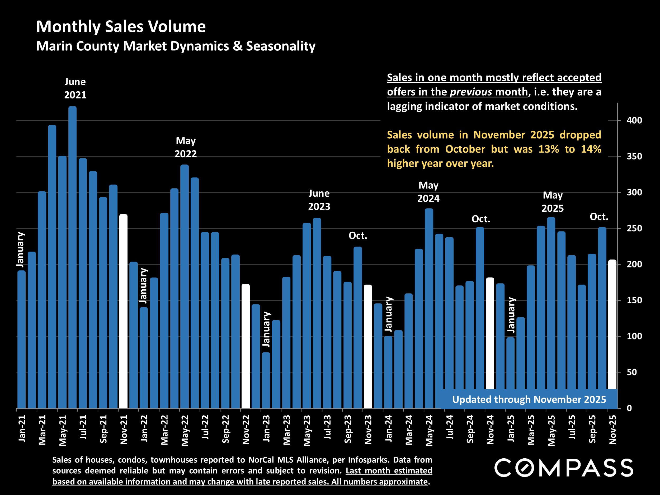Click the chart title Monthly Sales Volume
click(121, 27)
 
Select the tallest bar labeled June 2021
click(73, 257)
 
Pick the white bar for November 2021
click(124, 310)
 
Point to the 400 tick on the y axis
click(634, 121)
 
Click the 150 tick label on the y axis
click(634, 300)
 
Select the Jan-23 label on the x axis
click(266, 428)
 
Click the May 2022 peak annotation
click(186, 147)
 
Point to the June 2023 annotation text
click(319, 200)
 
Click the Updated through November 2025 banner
click(529, 399)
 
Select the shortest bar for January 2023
click(266, 380)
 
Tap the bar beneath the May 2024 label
click(429, 307)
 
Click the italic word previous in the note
click(470, 92)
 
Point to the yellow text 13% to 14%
click(570, 149)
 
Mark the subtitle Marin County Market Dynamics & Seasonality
click(176, 46)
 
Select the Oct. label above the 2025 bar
click(598, 217)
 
